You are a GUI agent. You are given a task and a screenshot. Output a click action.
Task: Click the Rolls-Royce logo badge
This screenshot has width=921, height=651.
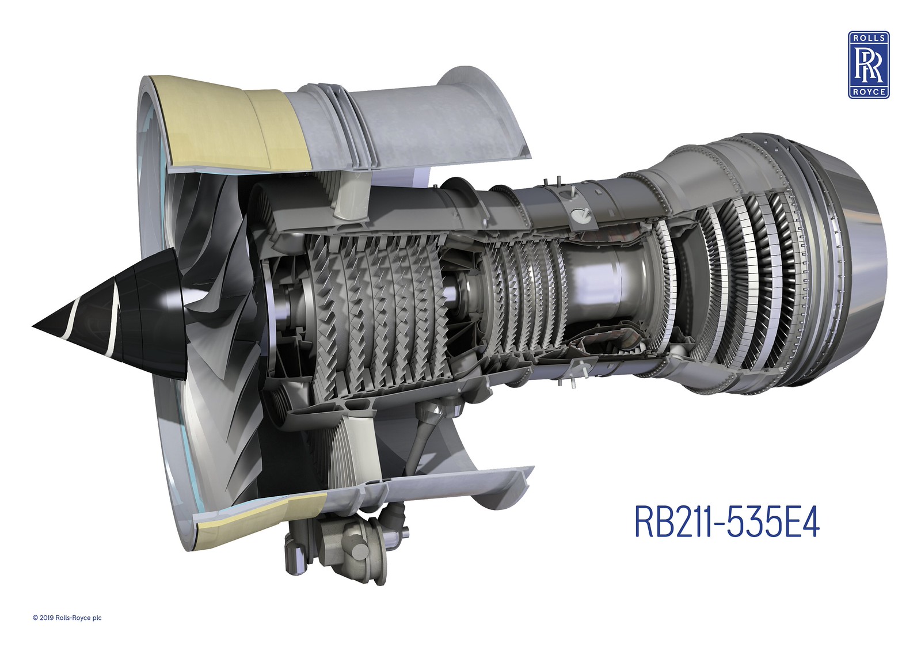click(x=869, y=65)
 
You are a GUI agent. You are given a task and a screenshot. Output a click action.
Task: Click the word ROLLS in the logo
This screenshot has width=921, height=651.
click(x=869, y=38)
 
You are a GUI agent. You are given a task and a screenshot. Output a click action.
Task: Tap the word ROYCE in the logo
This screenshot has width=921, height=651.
click(x=869, y=92)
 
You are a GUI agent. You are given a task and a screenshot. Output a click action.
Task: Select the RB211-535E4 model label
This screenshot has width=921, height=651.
click(x=728, y=521)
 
